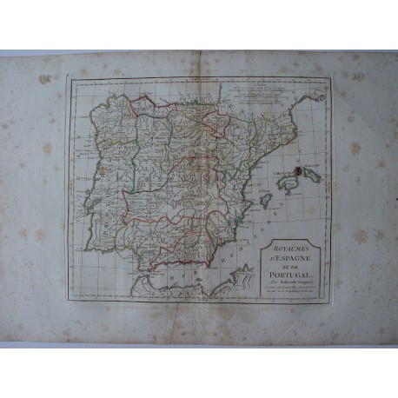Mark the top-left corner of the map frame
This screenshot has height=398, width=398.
[x=67, y=79]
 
